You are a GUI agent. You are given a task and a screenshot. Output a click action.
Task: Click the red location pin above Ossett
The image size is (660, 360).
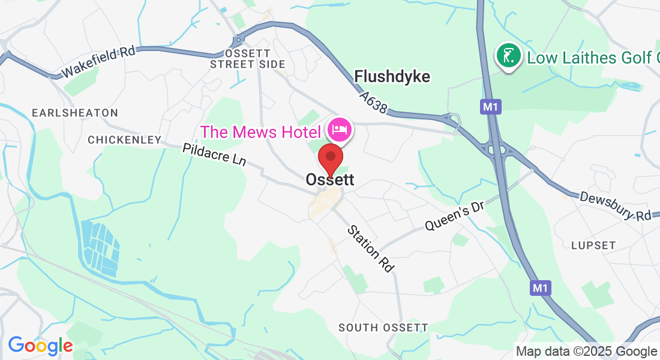click(x=330, y=158)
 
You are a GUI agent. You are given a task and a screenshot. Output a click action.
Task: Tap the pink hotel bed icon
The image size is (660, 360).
click(x=340, y=129)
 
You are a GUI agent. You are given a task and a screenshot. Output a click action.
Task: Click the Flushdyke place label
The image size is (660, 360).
click(x=392, y=76)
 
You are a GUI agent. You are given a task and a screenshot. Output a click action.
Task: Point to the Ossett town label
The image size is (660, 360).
click(x=330, y=179)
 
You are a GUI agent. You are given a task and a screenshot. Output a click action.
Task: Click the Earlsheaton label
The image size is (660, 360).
click(x=75, y=113)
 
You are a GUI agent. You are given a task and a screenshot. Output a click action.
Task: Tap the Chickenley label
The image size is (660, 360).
click(x=125, y=140)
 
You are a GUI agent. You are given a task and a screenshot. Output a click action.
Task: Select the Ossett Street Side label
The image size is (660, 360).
click(x=248, y=59)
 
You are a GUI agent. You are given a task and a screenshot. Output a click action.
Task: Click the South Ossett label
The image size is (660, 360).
click(x=383, y=328)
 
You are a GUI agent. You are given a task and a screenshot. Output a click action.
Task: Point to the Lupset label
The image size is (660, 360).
click(x=593, y=245)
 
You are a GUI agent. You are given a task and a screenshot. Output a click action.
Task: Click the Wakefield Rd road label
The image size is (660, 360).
click(x=99, y=61)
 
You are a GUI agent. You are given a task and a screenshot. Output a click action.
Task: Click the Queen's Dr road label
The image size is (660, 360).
click(x=454, y=217)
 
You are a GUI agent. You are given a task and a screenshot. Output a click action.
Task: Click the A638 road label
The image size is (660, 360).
click(x=376, y=103)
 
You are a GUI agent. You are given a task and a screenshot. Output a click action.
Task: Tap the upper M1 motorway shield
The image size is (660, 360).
click(x=490, y=107)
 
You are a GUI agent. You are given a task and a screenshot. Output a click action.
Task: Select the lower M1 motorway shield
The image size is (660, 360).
click(x=540, y=289)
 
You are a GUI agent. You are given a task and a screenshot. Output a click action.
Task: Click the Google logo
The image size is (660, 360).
click(x=40, y=346)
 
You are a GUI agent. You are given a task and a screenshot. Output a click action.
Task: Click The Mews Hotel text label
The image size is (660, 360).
click(x=260, y=131)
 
